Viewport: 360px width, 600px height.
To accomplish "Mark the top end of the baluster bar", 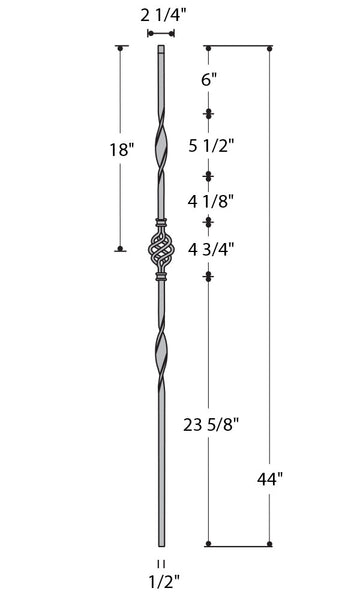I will [160, 48].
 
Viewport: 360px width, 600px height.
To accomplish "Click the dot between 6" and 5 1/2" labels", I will [208, 113].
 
